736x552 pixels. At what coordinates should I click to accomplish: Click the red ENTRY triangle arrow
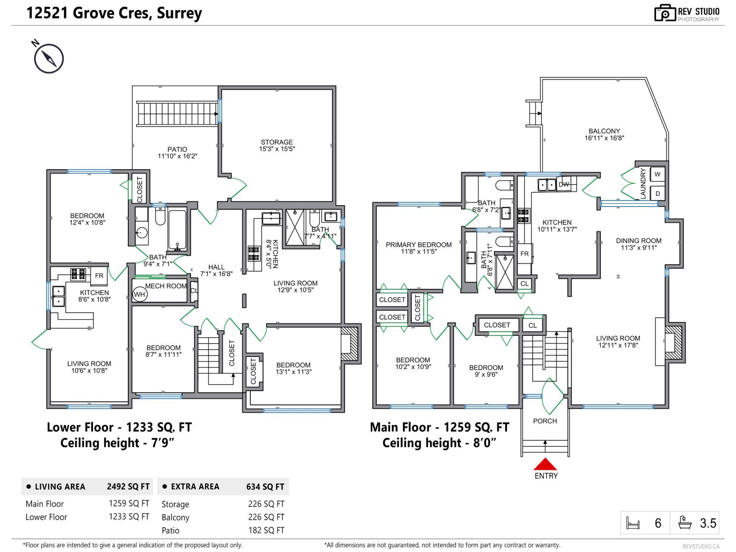tap(545, 465)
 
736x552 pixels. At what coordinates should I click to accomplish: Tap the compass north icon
tap(48, 58)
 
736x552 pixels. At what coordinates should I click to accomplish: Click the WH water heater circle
tap(139, 294)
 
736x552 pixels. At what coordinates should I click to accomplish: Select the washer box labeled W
tap(657, 174)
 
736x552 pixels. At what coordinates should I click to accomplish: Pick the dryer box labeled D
tap(657, 194)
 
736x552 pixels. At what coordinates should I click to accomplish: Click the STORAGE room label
tap(276, 142)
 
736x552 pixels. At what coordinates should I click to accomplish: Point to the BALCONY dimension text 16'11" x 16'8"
tap(604, 138)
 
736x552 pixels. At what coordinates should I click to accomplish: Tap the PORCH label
tap(545, 421)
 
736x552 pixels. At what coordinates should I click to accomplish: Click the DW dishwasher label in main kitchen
tap(563, 184)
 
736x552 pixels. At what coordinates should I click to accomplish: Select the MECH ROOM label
tap(166, 286)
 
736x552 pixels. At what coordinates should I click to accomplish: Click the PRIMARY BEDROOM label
tap(418, 245)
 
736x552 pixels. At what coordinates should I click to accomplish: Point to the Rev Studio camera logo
tap(665, 13)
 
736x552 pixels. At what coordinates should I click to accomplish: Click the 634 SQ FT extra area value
tap(265, 487)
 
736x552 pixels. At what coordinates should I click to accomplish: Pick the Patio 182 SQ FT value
tap(266, 530)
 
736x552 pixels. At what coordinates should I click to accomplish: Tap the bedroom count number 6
tap(658, 523)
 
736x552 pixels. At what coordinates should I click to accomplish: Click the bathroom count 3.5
tap(708, 523)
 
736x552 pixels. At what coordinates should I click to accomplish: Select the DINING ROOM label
tap(638, 241)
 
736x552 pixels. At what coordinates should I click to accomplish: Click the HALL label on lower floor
tap(216, 267)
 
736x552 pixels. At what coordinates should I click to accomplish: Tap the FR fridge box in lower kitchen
tap(99, 276)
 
